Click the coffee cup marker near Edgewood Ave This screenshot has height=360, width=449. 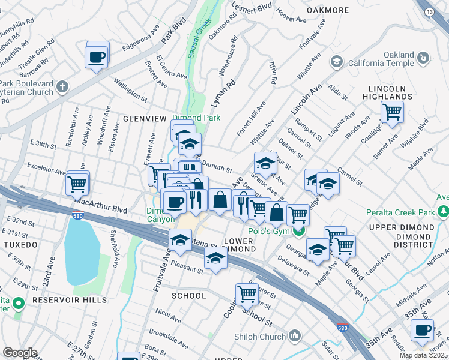pyautogui.click(x=97, y=58)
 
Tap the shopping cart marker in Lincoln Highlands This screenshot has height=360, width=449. pyautogui.click(x=392, y=111)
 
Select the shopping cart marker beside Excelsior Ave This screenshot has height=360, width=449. pyautogui.click(x=78, y=184)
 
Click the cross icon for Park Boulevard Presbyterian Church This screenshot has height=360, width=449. pyautogui.click(x=62, y=88)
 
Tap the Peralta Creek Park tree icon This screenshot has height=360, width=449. pyautogui.click(x=443, y=212)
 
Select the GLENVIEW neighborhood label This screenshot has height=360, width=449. pyautogui.click(x=144, y=119)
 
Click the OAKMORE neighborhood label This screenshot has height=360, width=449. pyautogui.click(x=328, y=10)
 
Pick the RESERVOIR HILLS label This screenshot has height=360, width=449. pyautogui.click(x=70, y=299)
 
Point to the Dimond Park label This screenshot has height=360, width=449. pyautogui.click(x=197, y=118)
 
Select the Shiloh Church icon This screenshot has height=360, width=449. pyautogui.click(x=295, y=335)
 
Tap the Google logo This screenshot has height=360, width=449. pyautogui.click(x=20, y=353)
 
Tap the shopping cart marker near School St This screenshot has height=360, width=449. pyautogui.click(x=247, y=294)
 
